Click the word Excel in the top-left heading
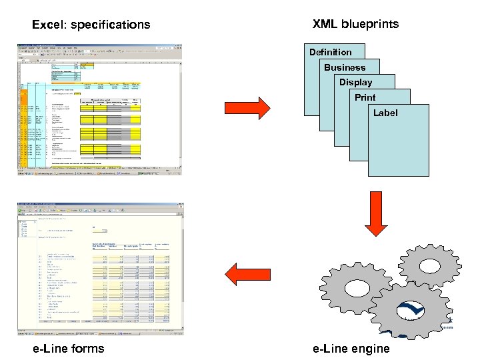coord(48,25)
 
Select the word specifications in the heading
coord(111,25)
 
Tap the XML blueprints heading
coord(355,24)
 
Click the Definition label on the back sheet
coord(330,52)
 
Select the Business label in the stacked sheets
coord(345,67)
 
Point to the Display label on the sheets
coord(355,83)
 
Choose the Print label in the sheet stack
coord(365,97)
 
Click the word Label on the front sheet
coord(385,113)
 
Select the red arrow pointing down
coord(377,215)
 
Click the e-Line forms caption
coord(69,348)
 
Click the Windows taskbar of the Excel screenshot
coord(99,172)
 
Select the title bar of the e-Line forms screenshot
coord(99,202)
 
